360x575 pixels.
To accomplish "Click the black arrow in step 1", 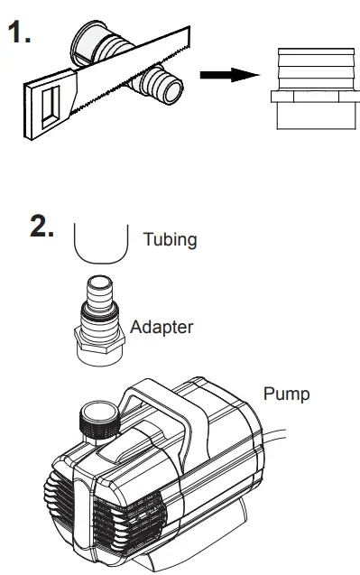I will click(x=222, y=76).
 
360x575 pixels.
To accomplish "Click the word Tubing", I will click(x=169, y=241).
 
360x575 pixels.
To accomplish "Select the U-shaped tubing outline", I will click(x=99, y=244).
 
